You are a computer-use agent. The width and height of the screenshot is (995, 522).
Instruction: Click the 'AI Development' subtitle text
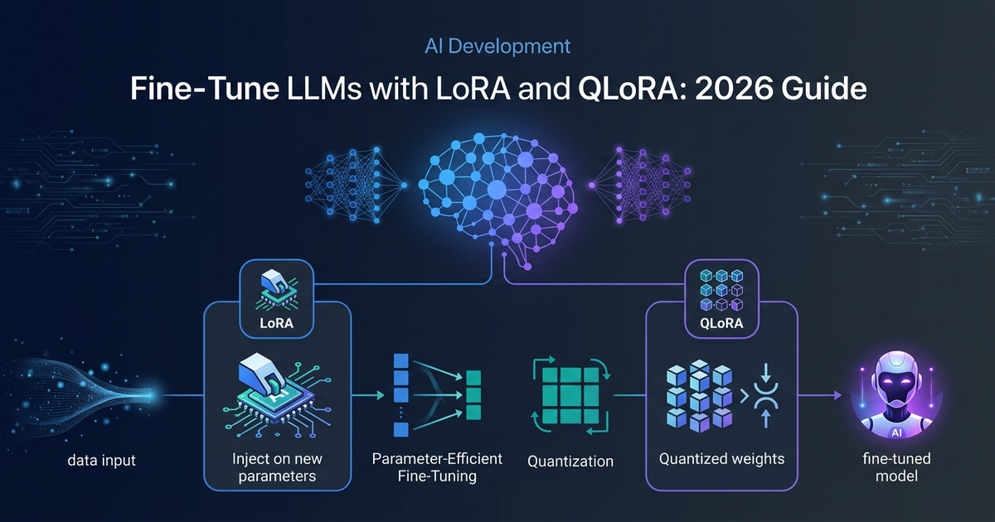pos(498,46)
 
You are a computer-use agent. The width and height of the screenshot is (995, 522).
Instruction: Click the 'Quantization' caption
pos(570,462)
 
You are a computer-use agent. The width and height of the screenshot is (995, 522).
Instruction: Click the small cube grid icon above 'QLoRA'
pos(716,283)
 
